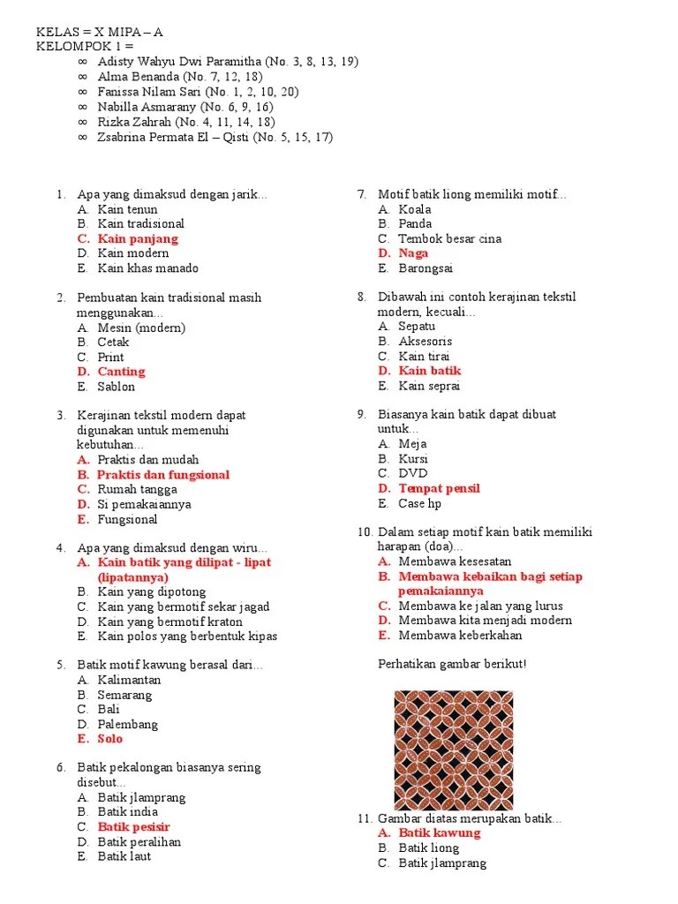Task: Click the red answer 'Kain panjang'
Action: [x=138, y=238]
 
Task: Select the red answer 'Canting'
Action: [x=121, y=372]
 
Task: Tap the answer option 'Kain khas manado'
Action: [x=148, y=268]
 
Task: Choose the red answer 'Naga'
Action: [x=413, y=253]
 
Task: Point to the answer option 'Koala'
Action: [x=415, y=209]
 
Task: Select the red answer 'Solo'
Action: [x=110, y=739]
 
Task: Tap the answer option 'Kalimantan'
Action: [x=129, y=680]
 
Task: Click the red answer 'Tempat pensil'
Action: [x=439, y=488]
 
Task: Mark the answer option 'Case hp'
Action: [x=419, y=503]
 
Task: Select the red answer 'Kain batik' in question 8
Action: [x=430, y=371]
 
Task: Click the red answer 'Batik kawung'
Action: [x=440, y=832]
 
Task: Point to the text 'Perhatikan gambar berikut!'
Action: [x=452, y=664]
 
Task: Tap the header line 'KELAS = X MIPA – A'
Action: [x=100, y=32]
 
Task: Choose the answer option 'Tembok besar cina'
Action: [x=449, y=238]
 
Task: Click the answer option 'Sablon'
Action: [x=117, y=387]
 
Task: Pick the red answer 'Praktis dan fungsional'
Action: [x=163, y=474]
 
